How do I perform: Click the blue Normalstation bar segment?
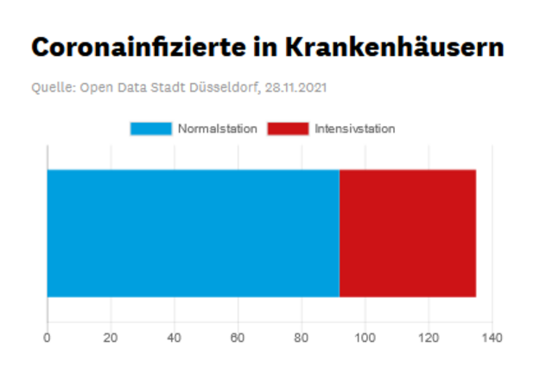[194, 233]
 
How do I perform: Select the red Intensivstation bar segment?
[408, 233]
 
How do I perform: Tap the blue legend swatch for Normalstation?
[151, 129]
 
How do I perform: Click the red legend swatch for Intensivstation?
[288, 129]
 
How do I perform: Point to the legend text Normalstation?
[218, 129]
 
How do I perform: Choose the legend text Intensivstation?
[355, 129]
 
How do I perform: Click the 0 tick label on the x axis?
[47, 338]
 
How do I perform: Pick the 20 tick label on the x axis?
[111, 338]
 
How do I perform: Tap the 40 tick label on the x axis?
[174, 338]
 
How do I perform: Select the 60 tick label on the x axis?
[238, 338]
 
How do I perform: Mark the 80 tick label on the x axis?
[302, 338]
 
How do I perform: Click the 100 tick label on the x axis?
[365, 338]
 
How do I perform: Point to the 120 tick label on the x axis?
[429, 338]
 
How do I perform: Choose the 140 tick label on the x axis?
[492, 338]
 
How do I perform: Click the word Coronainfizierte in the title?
[138, 47]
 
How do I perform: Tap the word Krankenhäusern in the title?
[395, 47]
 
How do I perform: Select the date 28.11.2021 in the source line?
[296, 87]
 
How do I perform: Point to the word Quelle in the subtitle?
[54, 87]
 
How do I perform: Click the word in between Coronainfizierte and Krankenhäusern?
[265, 47]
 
